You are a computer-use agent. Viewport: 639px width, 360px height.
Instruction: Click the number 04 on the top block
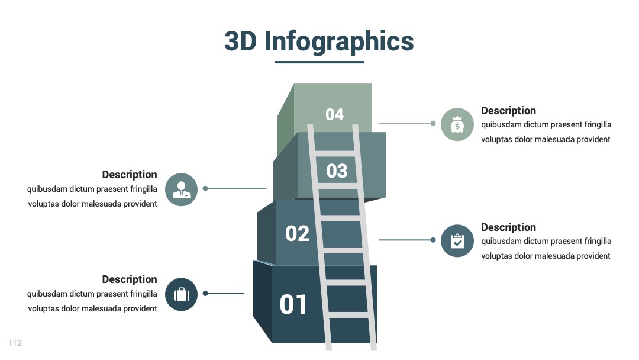pos(334,114)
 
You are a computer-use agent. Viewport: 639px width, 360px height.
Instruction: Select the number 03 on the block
pos(337,171)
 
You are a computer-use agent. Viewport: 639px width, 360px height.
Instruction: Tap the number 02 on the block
pos(297,234)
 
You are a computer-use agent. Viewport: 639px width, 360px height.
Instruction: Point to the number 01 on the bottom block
pos(293,304)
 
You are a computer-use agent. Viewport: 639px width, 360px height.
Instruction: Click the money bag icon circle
pos(457,124)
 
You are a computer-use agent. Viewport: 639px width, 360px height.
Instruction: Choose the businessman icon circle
pos(182,189)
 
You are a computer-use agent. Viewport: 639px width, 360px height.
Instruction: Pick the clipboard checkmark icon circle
pos(457,241)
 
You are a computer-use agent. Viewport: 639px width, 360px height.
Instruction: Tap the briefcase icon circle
pos(182,294)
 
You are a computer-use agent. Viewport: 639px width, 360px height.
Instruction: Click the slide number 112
pos(15,343)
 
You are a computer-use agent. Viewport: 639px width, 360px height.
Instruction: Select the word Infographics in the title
pos(339,41)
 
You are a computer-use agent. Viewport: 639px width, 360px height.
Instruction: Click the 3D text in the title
pos(240,41)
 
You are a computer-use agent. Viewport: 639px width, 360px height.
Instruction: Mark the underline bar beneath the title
pos(319,62)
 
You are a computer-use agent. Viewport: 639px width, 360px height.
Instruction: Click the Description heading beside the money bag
pos(508,111)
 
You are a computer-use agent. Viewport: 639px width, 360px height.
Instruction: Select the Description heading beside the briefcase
pos(130,279)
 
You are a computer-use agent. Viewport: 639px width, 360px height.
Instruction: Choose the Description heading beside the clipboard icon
pos(508,227)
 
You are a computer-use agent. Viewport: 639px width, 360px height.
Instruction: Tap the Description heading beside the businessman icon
pos(130,175)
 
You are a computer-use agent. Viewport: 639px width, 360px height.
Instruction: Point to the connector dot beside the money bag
pos(433,123)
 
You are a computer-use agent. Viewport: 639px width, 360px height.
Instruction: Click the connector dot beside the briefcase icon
pos(205,293)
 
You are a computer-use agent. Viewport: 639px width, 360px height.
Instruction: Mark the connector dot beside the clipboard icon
pos(433,240)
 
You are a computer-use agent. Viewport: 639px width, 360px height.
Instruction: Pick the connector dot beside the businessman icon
pos(205,188)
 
